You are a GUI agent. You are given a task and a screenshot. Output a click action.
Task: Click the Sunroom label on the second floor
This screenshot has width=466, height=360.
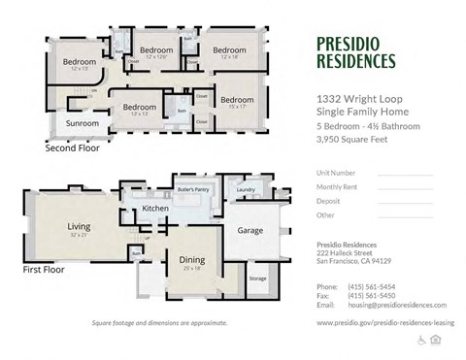[82, 124]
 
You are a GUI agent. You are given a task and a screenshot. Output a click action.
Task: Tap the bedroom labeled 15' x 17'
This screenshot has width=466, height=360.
[236, 100]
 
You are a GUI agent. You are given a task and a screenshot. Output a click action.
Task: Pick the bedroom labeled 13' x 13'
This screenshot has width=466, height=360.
[140, 108]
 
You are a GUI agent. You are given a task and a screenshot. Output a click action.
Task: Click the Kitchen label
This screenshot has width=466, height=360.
[155, 209]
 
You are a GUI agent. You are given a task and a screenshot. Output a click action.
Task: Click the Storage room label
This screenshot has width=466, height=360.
[257, 278]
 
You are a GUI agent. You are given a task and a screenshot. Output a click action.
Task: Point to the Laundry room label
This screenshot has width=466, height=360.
[245, 189]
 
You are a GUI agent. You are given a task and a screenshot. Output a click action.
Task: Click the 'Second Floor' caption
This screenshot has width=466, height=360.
[73, 150]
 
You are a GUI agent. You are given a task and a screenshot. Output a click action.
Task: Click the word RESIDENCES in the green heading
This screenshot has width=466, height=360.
[356, 61]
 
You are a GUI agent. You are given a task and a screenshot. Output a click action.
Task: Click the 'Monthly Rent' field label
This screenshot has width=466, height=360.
[337, 186]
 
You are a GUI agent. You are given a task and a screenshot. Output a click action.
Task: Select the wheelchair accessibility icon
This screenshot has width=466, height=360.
[421, 340]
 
